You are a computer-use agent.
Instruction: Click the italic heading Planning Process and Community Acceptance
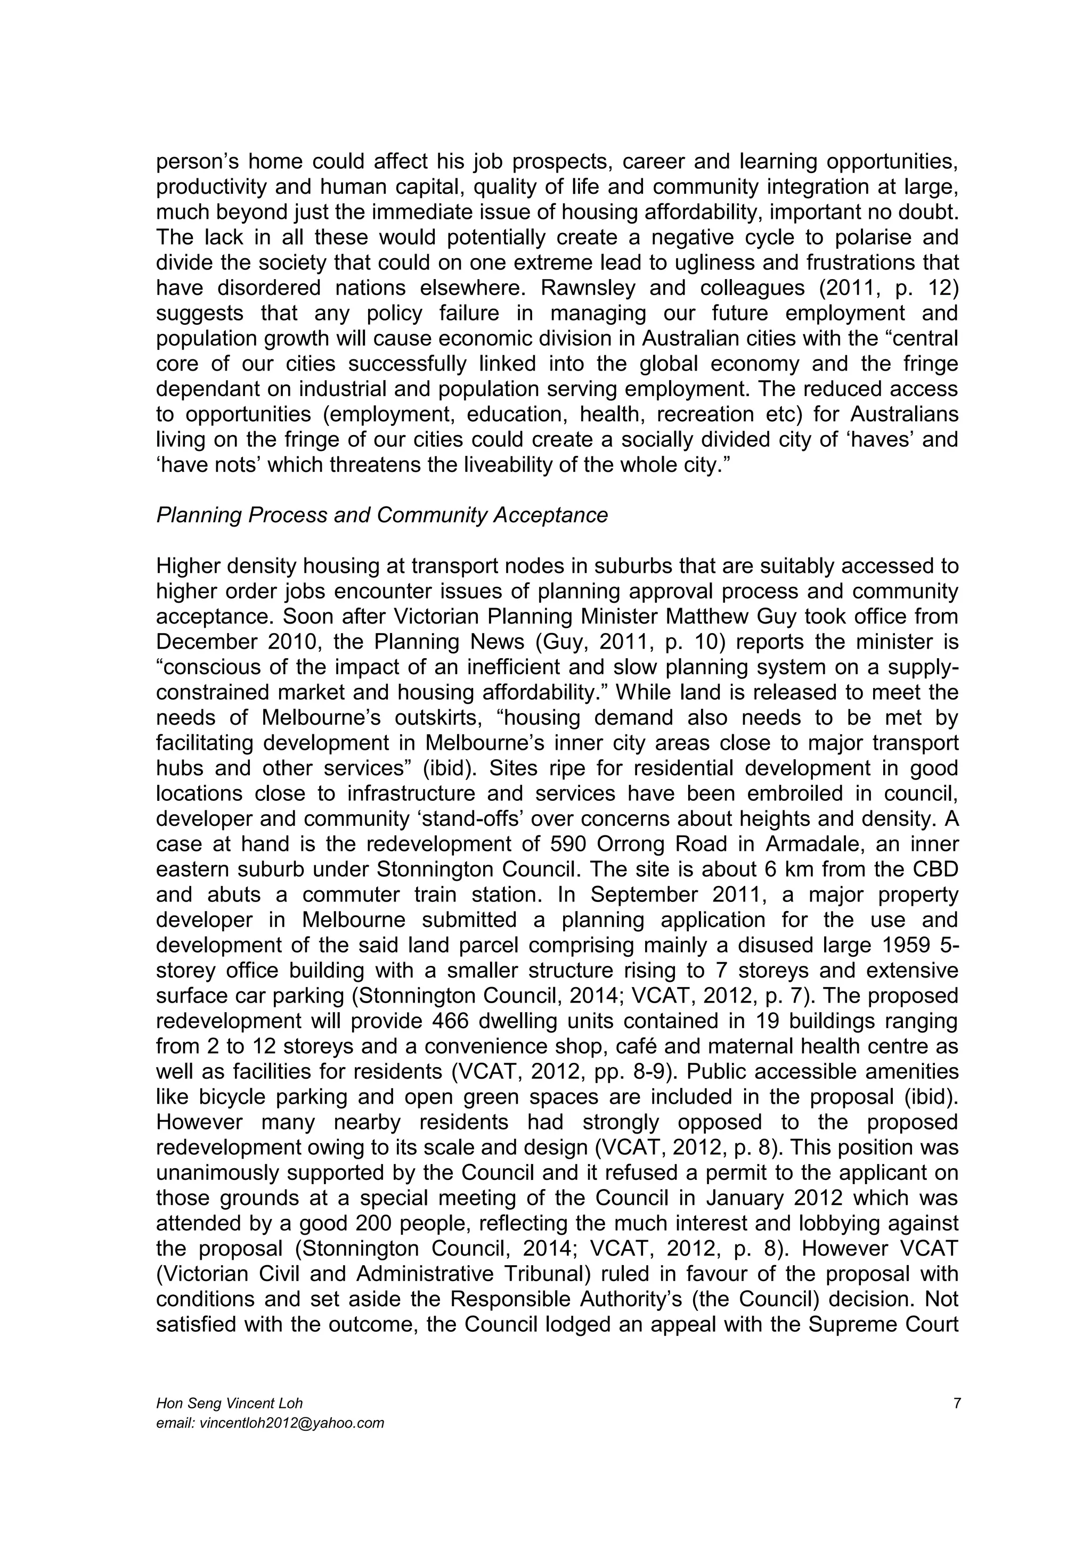pos(381,515)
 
